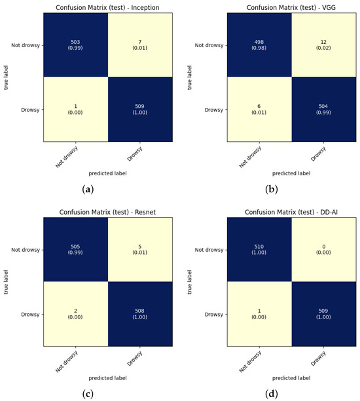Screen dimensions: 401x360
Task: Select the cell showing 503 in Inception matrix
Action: [76, 44]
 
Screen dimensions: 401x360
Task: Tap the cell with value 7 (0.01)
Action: [140, 44]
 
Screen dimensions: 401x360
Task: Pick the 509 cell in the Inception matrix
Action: [140, 109]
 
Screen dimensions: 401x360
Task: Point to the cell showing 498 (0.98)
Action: [258, 44]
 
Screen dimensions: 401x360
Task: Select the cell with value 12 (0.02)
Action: [322, 44]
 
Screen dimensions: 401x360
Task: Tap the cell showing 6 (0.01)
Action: [258, 109]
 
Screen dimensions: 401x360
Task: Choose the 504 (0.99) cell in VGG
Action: [322, 109]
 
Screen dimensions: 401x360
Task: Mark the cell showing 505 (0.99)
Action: [76, 249]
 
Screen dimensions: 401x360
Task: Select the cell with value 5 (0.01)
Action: [140, 249]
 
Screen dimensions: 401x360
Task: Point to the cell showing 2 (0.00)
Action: [76, 313]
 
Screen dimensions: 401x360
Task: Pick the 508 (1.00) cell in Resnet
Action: [140, 313]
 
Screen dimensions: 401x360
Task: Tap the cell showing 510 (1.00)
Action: [258, 249]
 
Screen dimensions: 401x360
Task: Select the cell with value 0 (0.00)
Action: [322, 249]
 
